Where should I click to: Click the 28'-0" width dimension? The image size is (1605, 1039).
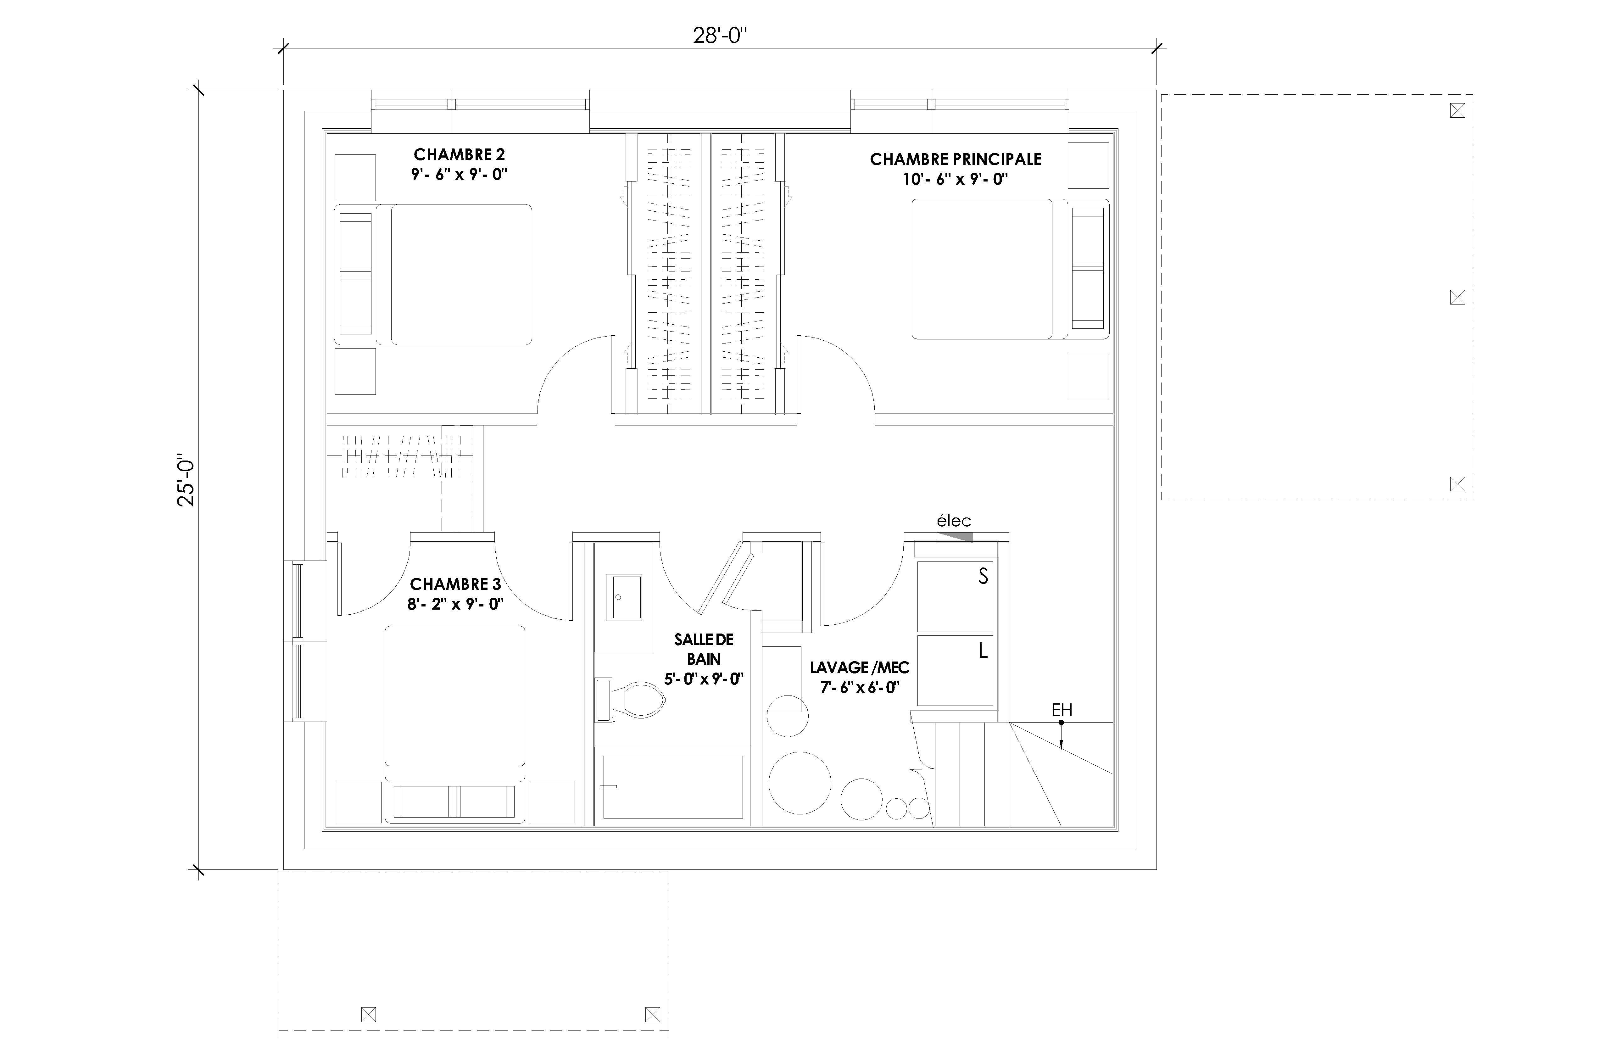[x=720, y=36]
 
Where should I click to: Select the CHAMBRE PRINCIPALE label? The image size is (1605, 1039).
[x=956, y=159]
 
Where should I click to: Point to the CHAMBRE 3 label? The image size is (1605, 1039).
[x=455, y=584]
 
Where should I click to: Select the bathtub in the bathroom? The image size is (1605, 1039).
[x=672, y=787]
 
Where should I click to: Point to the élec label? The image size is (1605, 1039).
[x=954, y=521]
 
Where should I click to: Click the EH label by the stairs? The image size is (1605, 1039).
[x=1062, y=710]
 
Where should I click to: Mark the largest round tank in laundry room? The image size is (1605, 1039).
[x=800, y=783]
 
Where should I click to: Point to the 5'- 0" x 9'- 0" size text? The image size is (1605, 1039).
[x=703, y=679]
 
